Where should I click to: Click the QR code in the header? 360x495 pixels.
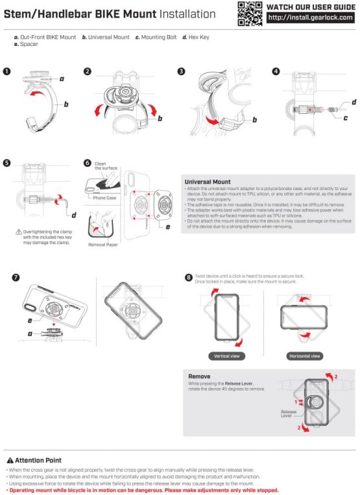pyautogui.click(x=248, y=14)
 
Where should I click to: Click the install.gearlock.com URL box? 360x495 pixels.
pyautogui.click(x=310, y=18)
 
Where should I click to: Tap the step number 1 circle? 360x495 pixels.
pyautogui.click(x=7, y=71)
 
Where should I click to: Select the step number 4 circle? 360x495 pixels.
pyautogui.click(x=276, y=71)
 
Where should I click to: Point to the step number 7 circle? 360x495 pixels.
pyautogui.click(x=15, y=278)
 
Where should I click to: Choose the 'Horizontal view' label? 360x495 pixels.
pyautogui.click(x=304, y=356)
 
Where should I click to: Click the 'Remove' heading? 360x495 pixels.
pyautogui.click(x=199, y=376)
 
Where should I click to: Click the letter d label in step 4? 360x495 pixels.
pyautogui.click(x=354, y=102)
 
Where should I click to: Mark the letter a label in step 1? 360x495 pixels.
pyautogui.click(x=62, y=78)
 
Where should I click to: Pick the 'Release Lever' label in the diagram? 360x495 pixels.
pyautogui.click(x=289, y=414)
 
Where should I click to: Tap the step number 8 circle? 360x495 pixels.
pyautogui.click(x=189, y=278)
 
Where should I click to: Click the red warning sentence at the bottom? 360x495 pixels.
pyautogui.click(x=143, y=490)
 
